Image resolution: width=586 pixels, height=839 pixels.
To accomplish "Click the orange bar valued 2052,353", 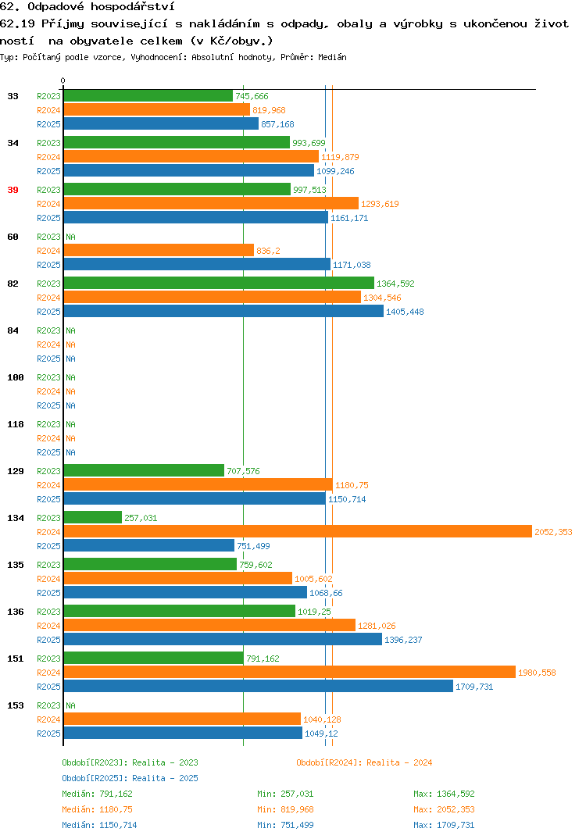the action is (298, 531).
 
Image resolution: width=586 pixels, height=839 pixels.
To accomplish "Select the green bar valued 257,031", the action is (93, 517).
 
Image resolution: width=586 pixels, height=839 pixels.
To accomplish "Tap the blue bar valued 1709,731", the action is (259, 686).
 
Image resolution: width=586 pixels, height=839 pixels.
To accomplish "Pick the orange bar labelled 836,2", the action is (159, 251).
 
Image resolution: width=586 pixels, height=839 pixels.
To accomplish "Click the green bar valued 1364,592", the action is (219, 283).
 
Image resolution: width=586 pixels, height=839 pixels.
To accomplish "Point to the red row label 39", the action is (13, 190).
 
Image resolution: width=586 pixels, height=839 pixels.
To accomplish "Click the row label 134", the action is (16, 518).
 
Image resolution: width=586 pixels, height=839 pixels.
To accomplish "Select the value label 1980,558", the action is (537, 673).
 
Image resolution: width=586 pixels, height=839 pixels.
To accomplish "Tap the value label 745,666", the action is (252, 96).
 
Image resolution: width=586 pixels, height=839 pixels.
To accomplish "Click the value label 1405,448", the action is (405, 312).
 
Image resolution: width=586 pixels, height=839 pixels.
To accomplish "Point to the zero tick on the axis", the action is (63, 80).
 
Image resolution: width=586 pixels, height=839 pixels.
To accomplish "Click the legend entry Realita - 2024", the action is (364, 762).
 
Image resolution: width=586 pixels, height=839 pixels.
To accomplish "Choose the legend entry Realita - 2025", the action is (130, 778).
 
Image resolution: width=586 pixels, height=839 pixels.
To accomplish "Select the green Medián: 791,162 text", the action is (97, 794).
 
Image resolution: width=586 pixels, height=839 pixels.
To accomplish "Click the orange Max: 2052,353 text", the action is (444, 809).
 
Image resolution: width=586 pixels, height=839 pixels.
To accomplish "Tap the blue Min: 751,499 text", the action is (285, 825).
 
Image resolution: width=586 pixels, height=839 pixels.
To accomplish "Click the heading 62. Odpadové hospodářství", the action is (88, 7).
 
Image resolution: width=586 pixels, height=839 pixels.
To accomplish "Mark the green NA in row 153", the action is (70, 705).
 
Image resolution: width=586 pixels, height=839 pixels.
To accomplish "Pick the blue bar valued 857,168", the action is (161, 123).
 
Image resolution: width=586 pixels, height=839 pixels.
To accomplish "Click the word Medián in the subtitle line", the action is (332, 57).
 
